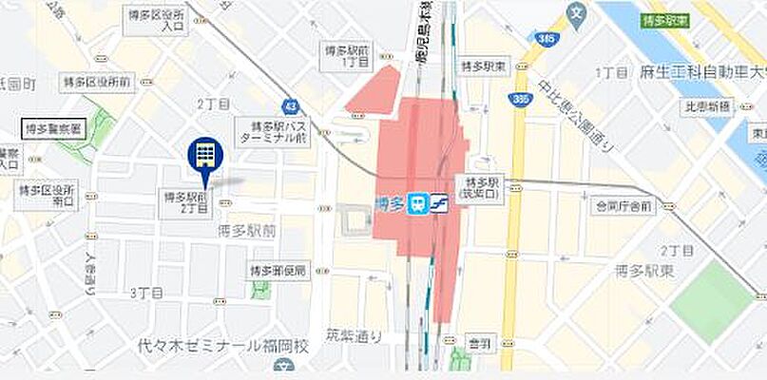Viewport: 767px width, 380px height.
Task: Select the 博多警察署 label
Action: [54, 127]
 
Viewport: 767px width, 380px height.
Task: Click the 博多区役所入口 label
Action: [157, 21]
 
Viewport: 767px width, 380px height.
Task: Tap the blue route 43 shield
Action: [289, 105]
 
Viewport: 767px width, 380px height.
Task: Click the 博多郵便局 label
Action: [279, 271]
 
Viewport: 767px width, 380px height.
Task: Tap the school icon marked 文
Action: [576, 13]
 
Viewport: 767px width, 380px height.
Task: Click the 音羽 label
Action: [480, 345]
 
